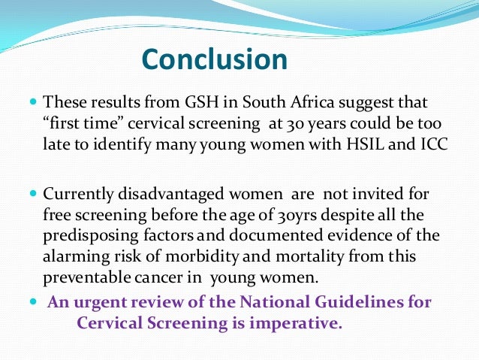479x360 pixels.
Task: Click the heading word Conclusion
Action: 214,59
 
